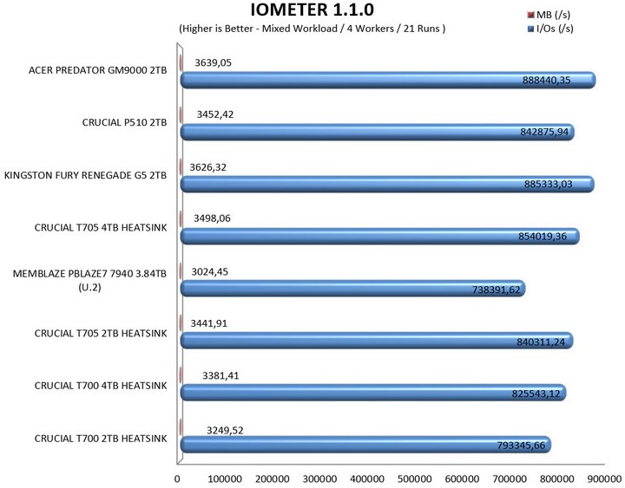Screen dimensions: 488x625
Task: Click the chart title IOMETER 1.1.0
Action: coord(312,10)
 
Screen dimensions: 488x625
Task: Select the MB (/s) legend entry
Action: coord(555,15)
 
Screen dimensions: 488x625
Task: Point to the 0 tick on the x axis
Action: coord(178,478)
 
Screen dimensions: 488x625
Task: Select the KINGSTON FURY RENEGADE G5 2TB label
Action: coord(85,175)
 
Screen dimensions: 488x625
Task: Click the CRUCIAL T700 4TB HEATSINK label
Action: coord(100,385)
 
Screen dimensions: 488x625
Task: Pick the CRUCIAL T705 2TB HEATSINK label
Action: coord(100,333)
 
